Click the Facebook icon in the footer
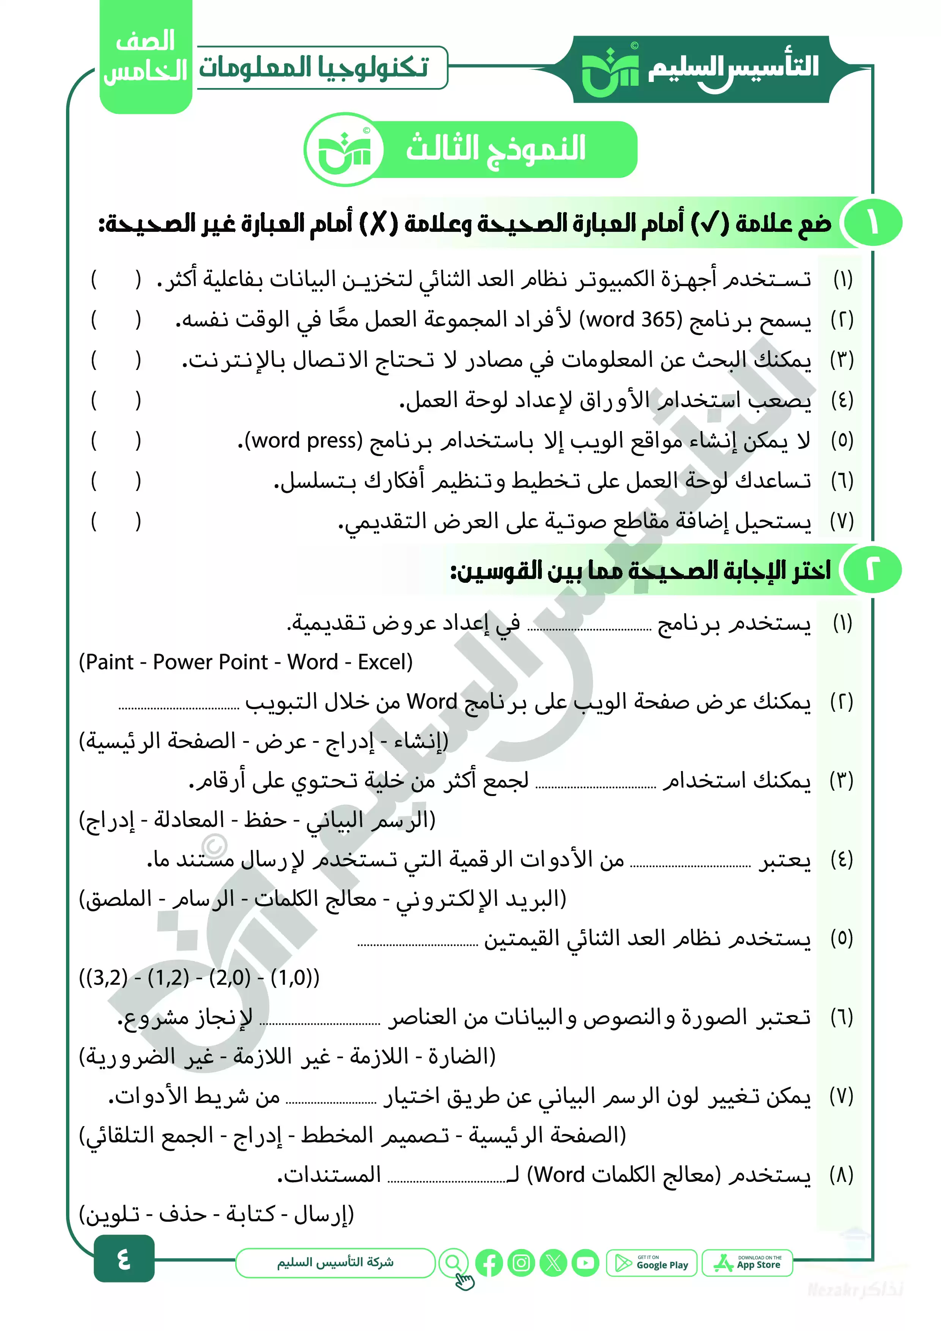pos(489,1263)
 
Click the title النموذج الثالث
pos(496,148)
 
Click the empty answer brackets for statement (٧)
pos(116,521)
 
